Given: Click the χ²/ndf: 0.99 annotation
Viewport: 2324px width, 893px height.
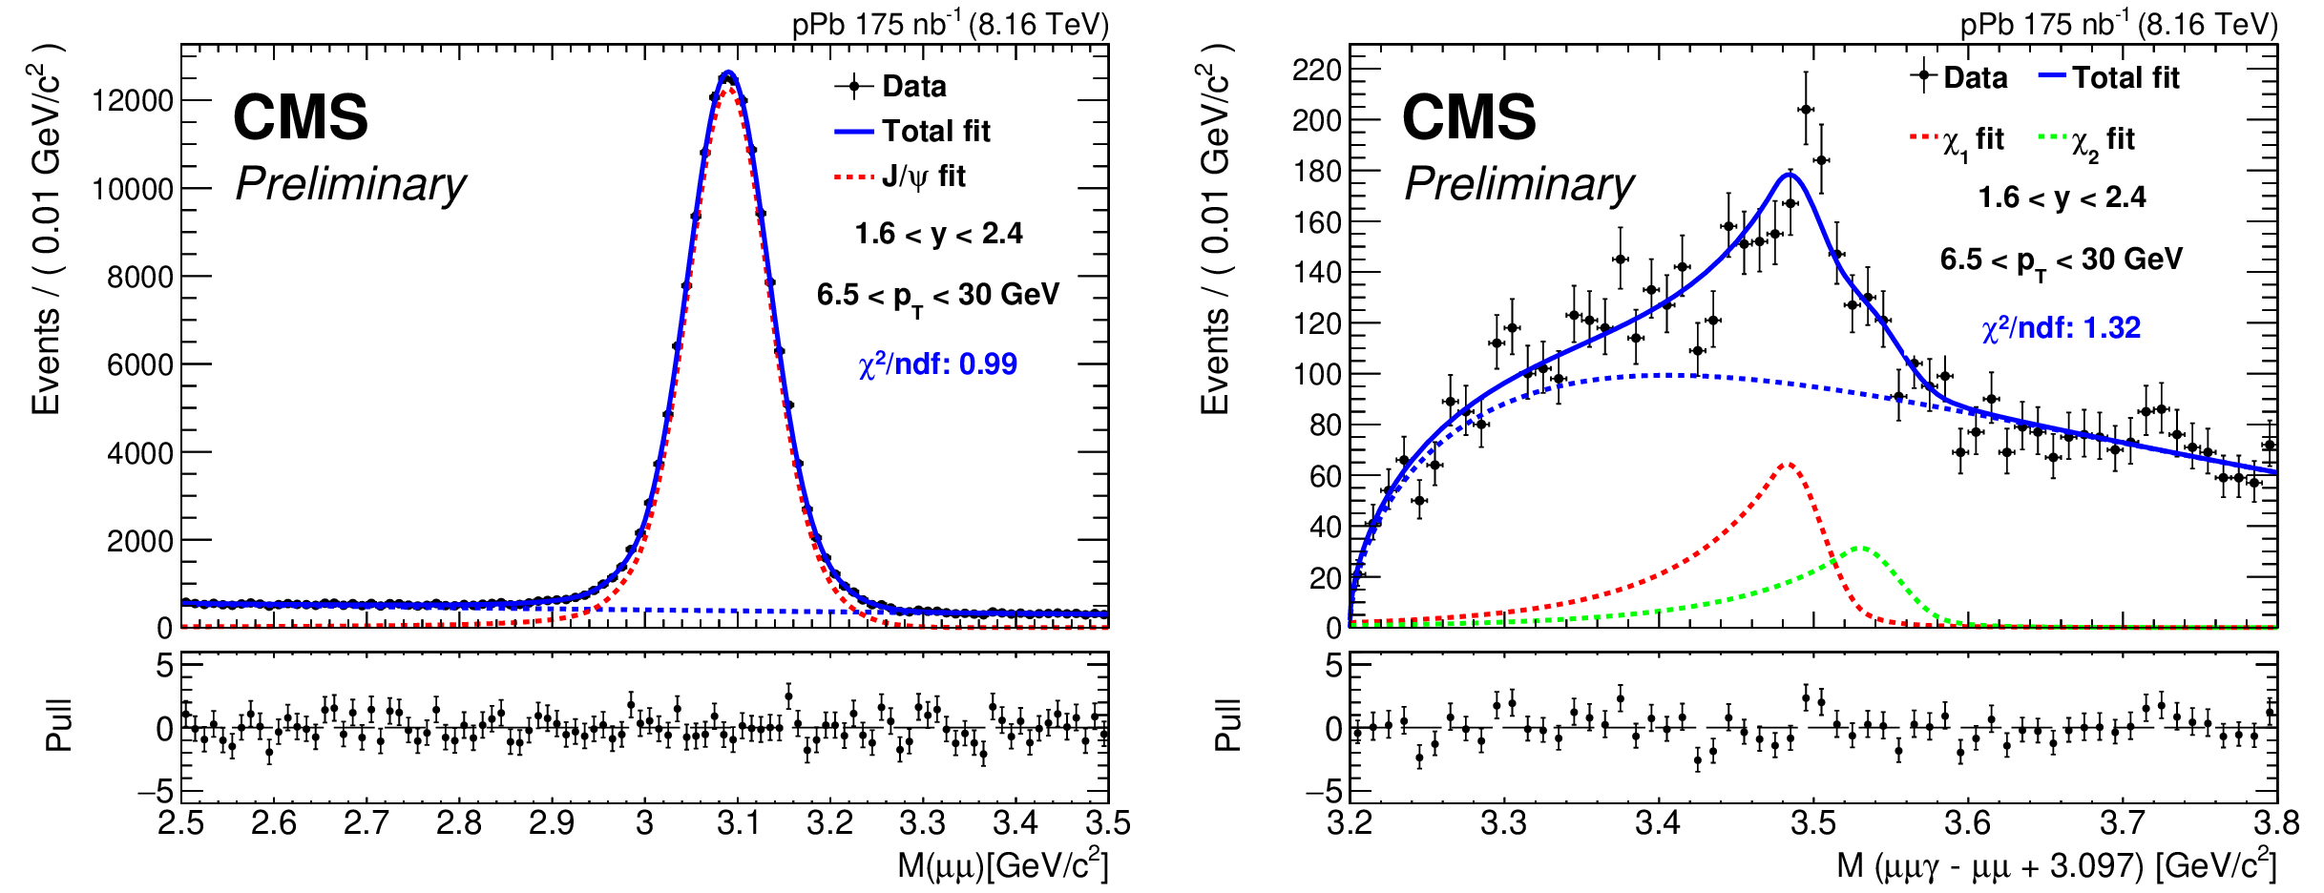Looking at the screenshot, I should tap(937, 364).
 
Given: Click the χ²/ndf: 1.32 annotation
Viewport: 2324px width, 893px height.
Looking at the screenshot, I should tap(2061, 328).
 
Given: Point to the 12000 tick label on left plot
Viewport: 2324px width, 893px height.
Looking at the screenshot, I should tap(132, 100).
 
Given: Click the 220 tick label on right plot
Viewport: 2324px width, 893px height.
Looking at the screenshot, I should tap(1316, 70).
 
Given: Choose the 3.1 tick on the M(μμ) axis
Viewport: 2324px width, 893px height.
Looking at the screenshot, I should tap(737, 822).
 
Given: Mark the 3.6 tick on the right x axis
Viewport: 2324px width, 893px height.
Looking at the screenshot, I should tap(1967, 822).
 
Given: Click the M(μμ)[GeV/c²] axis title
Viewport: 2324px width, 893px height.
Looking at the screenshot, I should tap(1002, 864).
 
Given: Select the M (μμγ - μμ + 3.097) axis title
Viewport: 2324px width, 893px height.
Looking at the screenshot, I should tap(2056, 864).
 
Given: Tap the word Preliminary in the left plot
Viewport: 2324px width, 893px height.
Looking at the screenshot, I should tap(350, 184).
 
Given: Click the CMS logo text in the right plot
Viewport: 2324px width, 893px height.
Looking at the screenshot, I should tap(1469, 117).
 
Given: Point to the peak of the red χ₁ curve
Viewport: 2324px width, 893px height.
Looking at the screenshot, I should tap(1788, 465).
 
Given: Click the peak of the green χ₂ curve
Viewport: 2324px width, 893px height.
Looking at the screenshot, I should tap(1862, 548).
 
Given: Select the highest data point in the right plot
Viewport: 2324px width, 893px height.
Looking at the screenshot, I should tap(1806, 110).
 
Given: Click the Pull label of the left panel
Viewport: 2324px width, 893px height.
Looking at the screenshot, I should tap(58, 726).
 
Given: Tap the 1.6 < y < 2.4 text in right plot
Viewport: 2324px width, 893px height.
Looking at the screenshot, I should tap(2062, 197).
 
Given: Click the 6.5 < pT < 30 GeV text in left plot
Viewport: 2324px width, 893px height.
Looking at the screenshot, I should tap(937, 295).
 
